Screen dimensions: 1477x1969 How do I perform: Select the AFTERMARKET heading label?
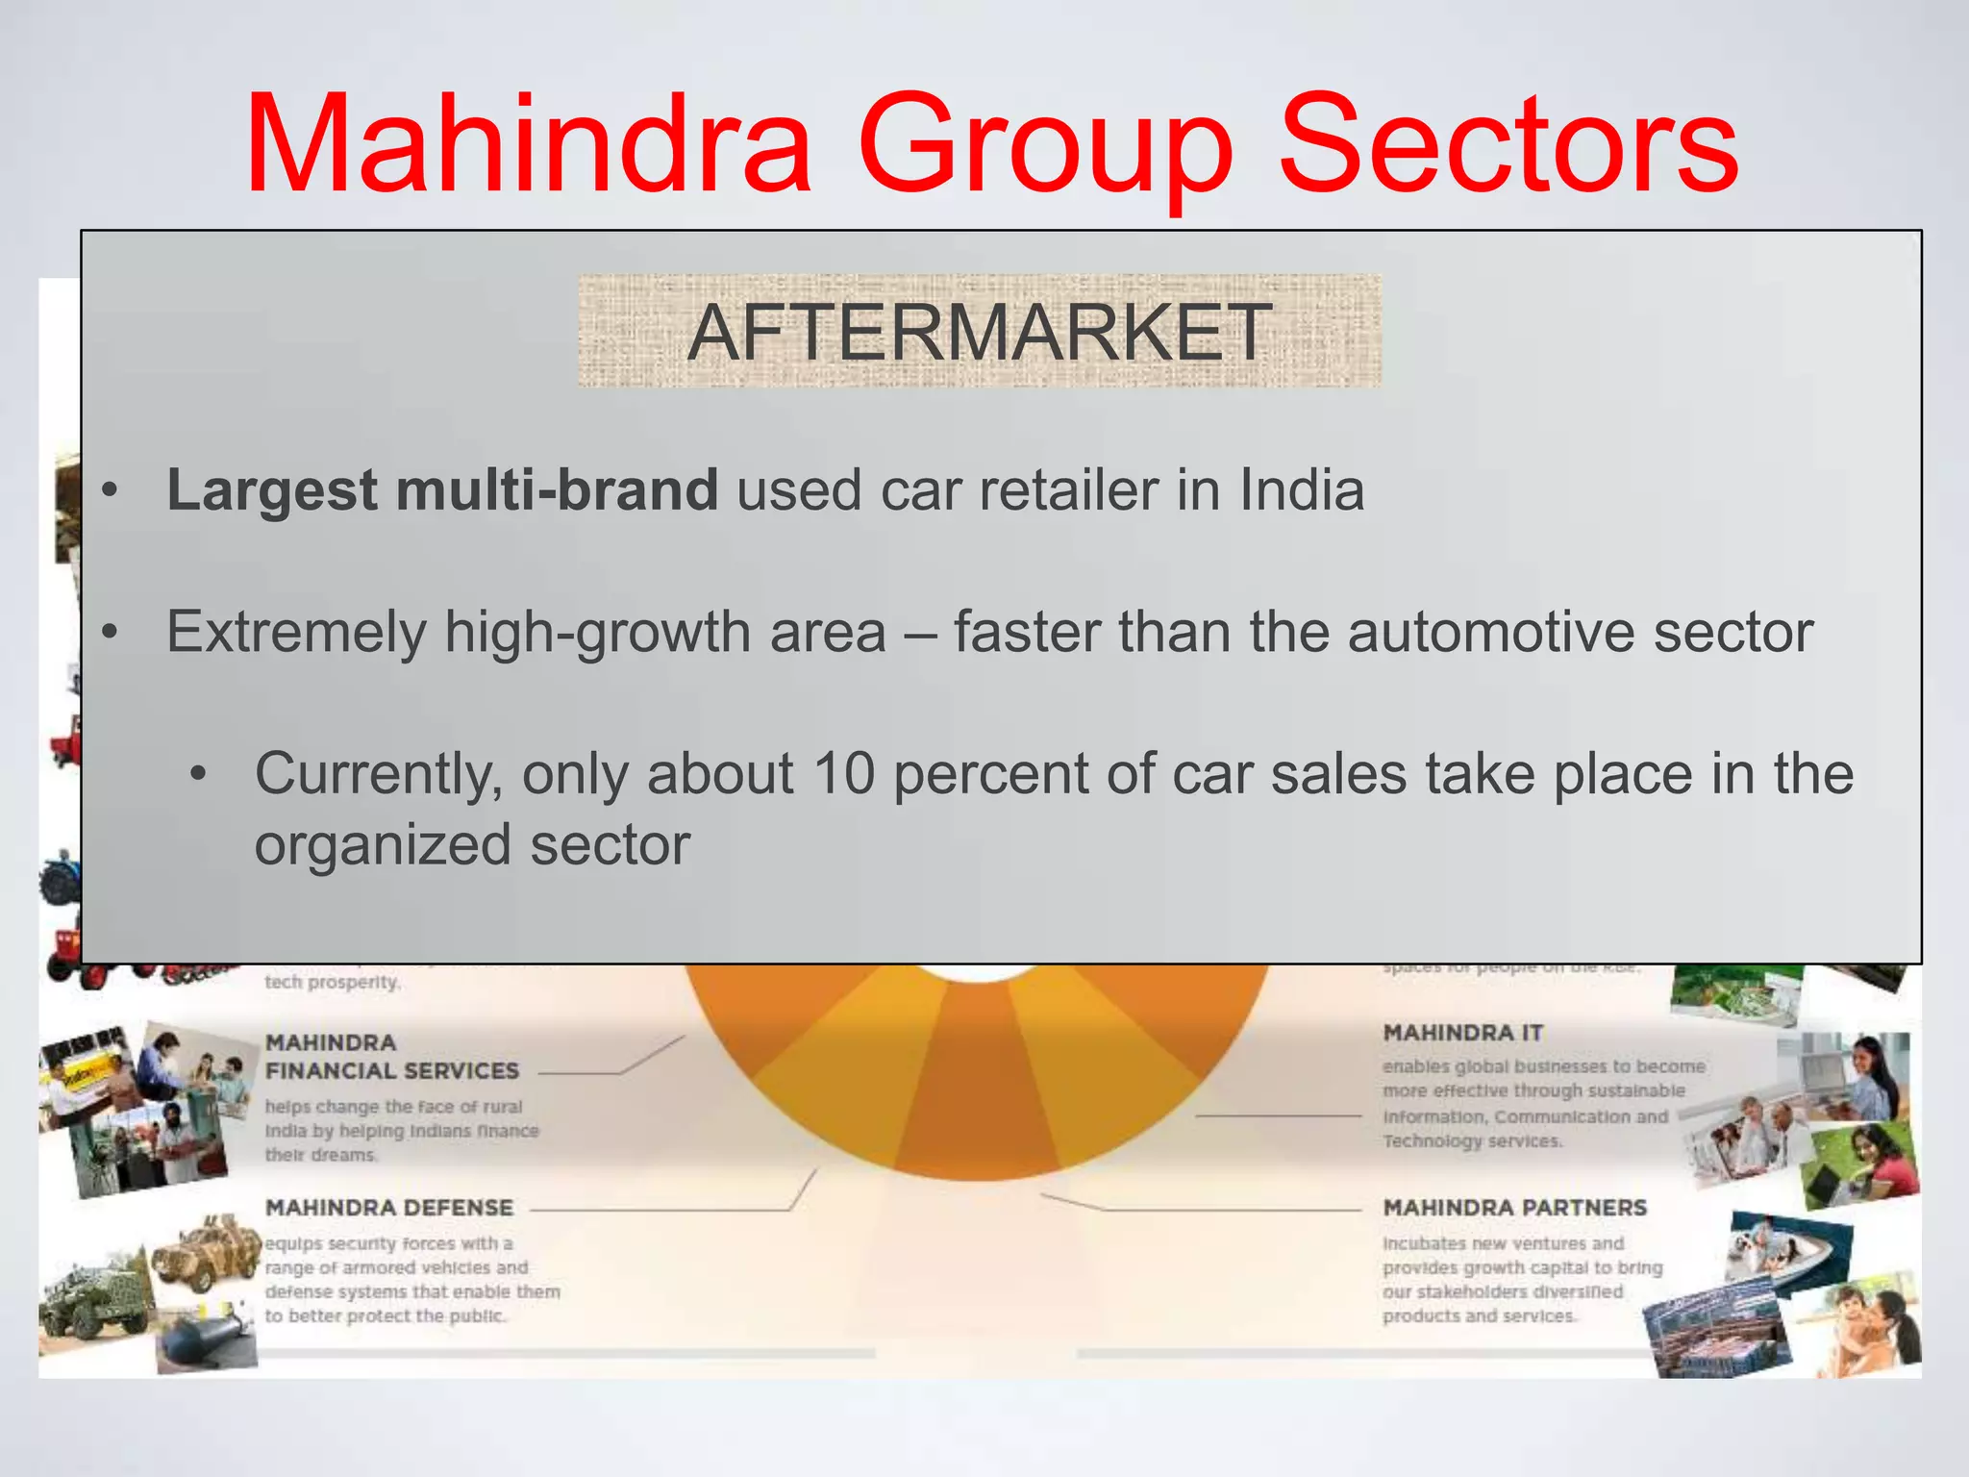click(979, 332)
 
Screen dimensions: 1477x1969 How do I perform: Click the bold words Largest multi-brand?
click(442, 490)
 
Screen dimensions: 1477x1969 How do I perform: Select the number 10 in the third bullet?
click(843, 774)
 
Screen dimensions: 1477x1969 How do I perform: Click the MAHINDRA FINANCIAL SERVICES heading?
click(391, 1057)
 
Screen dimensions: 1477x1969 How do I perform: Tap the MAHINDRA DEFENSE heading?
click(389, 1208)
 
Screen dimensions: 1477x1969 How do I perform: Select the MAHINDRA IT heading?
click(1462, 1033)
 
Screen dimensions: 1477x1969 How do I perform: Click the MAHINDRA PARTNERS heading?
click(1514, 1208)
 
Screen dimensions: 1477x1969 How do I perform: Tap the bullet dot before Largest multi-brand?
click(111, 491)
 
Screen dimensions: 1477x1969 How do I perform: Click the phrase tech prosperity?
click(333, 983)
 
